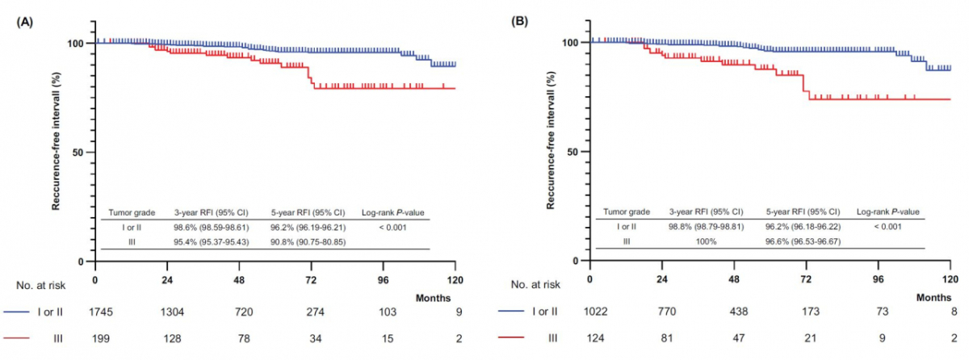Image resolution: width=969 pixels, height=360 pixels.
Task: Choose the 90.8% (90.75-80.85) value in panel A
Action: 308,242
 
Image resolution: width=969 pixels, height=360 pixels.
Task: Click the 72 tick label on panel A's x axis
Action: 312,278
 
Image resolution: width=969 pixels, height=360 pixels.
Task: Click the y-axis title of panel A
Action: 57,151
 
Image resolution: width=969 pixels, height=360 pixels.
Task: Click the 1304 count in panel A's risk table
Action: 167,310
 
